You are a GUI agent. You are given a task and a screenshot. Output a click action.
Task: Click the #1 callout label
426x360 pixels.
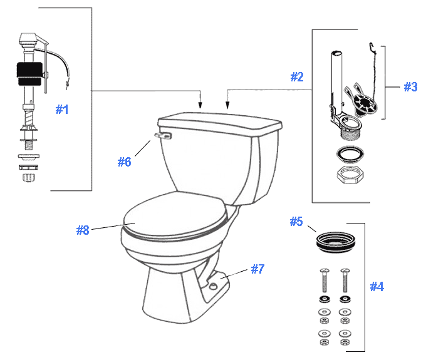click(x=61, y=110)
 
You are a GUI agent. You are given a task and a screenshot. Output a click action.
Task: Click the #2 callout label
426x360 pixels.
click(x=296, y=77)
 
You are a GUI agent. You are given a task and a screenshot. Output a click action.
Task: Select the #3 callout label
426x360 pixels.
click(x=410, y=87)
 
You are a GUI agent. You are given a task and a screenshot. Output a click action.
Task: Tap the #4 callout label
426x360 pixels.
click(x=377, y=287)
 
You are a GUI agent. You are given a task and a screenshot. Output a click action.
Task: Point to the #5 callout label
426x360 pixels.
click(x=296, y=222)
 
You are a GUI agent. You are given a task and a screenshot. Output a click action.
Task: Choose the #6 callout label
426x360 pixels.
click(x=124, y=162)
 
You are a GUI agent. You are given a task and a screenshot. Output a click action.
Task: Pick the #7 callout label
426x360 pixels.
click(x=257, y=269)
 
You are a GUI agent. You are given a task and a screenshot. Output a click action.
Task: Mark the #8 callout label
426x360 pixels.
click(x=83, y=230)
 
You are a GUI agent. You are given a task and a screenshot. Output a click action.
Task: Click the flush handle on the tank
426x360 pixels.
click(x=164, y=134)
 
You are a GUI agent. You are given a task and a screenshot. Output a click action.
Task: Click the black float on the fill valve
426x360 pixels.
click(x=29, y=74)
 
